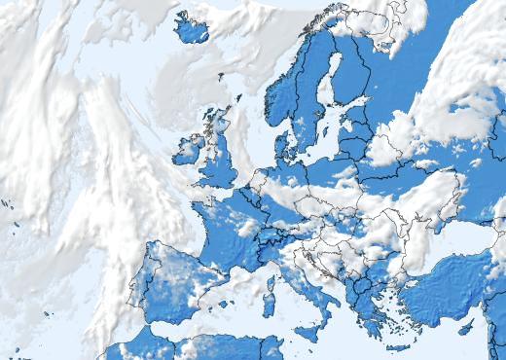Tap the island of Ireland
187,151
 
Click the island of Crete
398,346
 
